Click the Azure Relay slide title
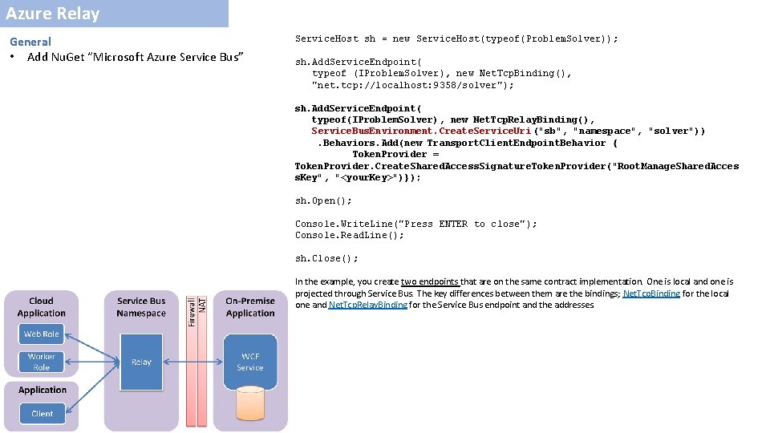coord(53,14)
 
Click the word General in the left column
coord(30,42)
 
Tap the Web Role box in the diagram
coord(42,334)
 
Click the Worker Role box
coord(42,362)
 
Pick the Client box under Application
coord(42,414)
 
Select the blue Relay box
coord(141,362)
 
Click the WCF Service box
coord(249,362)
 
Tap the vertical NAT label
coord(202,305)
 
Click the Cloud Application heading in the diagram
coord(42,307)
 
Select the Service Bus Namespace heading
coord(141,307)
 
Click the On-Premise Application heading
coord(249,307)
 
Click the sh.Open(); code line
coord(323,200)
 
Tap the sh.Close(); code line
coord(326,258)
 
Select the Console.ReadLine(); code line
coord(350,235)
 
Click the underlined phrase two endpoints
coord(430,281)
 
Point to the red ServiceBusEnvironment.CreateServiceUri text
coord(422,131)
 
